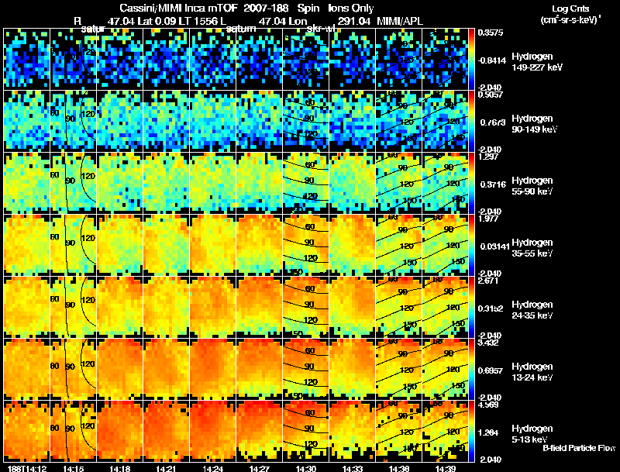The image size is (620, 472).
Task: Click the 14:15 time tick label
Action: [74, 468]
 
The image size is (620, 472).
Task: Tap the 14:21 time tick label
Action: [167, 468]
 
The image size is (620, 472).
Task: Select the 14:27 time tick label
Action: [260, 468]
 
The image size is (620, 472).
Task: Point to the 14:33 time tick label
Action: [353, 468]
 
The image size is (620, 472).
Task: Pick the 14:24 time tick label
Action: [213, 468]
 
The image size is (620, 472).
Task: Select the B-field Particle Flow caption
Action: [579, 448]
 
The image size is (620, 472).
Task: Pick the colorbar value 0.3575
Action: [490, 33]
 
